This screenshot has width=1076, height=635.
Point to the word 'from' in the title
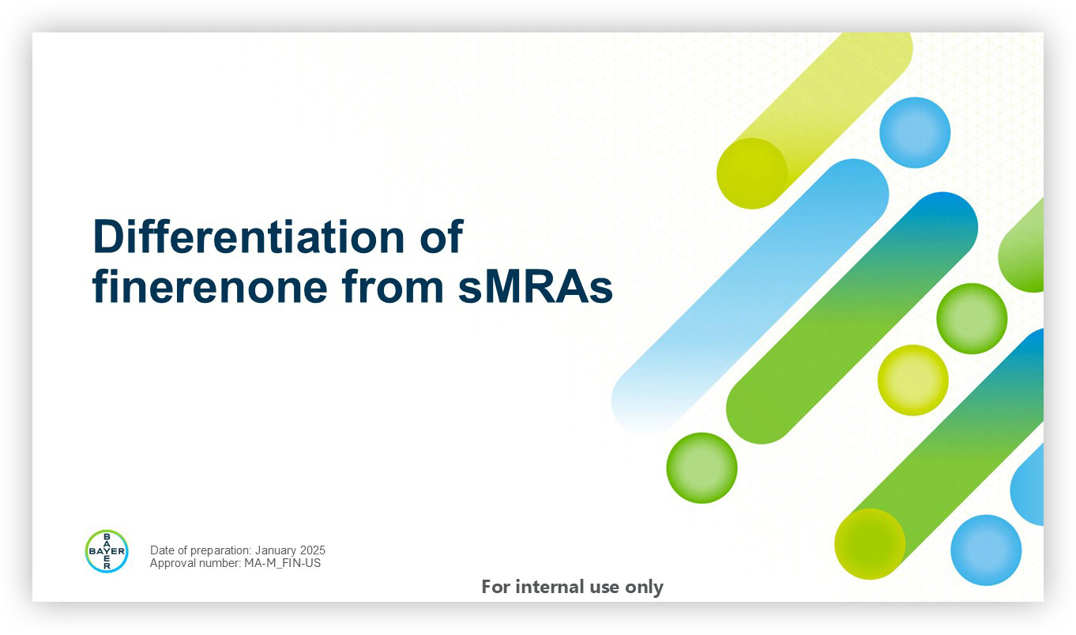click(x=393, y=286)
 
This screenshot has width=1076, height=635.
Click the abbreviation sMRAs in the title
click(x=535, y=287)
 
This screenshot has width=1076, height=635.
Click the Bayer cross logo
click(x=107, y=551)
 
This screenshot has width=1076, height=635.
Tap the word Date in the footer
click(x=162, y=550)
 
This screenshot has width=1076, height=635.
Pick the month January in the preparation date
click(x=276, y=550)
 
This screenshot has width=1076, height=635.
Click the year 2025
click(x=313, y=550)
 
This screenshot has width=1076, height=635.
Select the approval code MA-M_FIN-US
click(x=283, y=563)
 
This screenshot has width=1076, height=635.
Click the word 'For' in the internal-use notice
click(x=495, y=587)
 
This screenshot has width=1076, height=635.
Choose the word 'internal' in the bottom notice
click(x=550, y=587)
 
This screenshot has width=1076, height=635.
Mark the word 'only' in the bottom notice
click(x=644, y=588)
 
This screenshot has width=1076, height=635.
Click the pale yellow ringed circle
click(x=912, y=380)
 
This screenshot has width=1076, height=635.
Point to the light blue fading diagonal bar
click(x=750, y=296)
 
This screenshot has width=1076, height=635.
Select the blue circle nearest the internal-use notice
click(x=986, y=550)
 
